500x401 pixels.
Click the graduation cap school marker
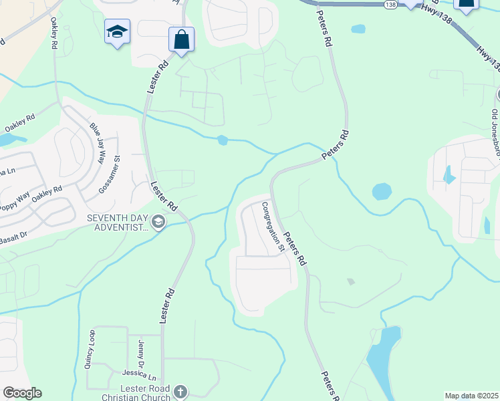point(116,31)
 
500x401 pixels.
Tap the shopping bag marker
point(181,39)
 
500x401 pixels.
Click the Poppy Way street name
point(15,203)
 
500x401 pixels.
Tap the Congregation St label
point(273,227)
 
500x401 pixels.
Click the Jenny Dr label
point(141,353)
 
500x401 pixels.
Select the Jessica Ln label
point(138,376)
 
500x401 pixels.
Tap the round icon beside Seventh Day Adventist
point(158,222)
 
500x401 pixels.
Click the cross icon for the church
point(180,392)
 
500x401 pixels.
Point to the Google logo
point(22,393)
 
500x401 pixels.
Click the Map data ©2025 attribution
point(471,396)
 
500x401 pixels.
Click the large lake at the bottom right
point(382,361)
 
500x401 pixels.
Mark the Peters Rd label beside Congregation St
point(295,248)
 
